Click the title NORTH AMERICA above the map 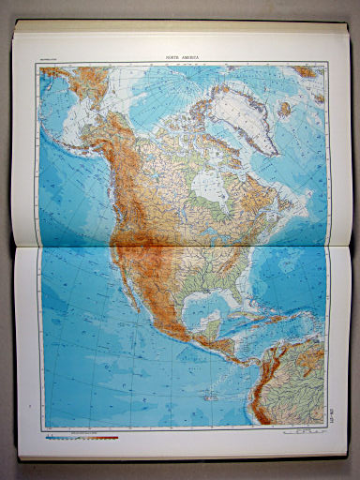pyautogui.click(x=185, y=57)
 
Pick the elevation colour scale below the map pyautogui.click(x=81, y=437)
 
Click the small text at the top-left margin pyautogui.click(x=49, y=66)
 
